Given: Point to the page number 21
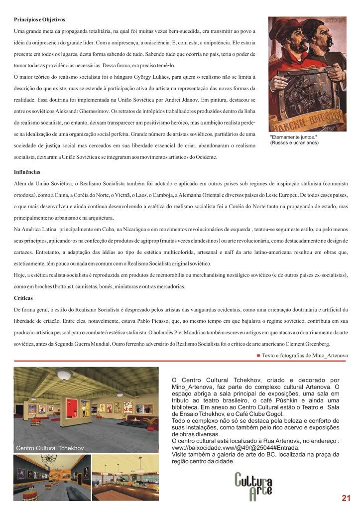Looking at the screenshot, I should click(347, 497).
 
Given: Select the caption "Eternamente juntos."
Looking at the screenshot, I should click(288, 137).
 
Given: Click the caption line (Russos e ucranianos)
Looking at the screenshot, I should click(294, 143).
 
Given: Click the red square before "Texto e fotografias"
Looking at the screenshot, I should click(258, 355).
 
